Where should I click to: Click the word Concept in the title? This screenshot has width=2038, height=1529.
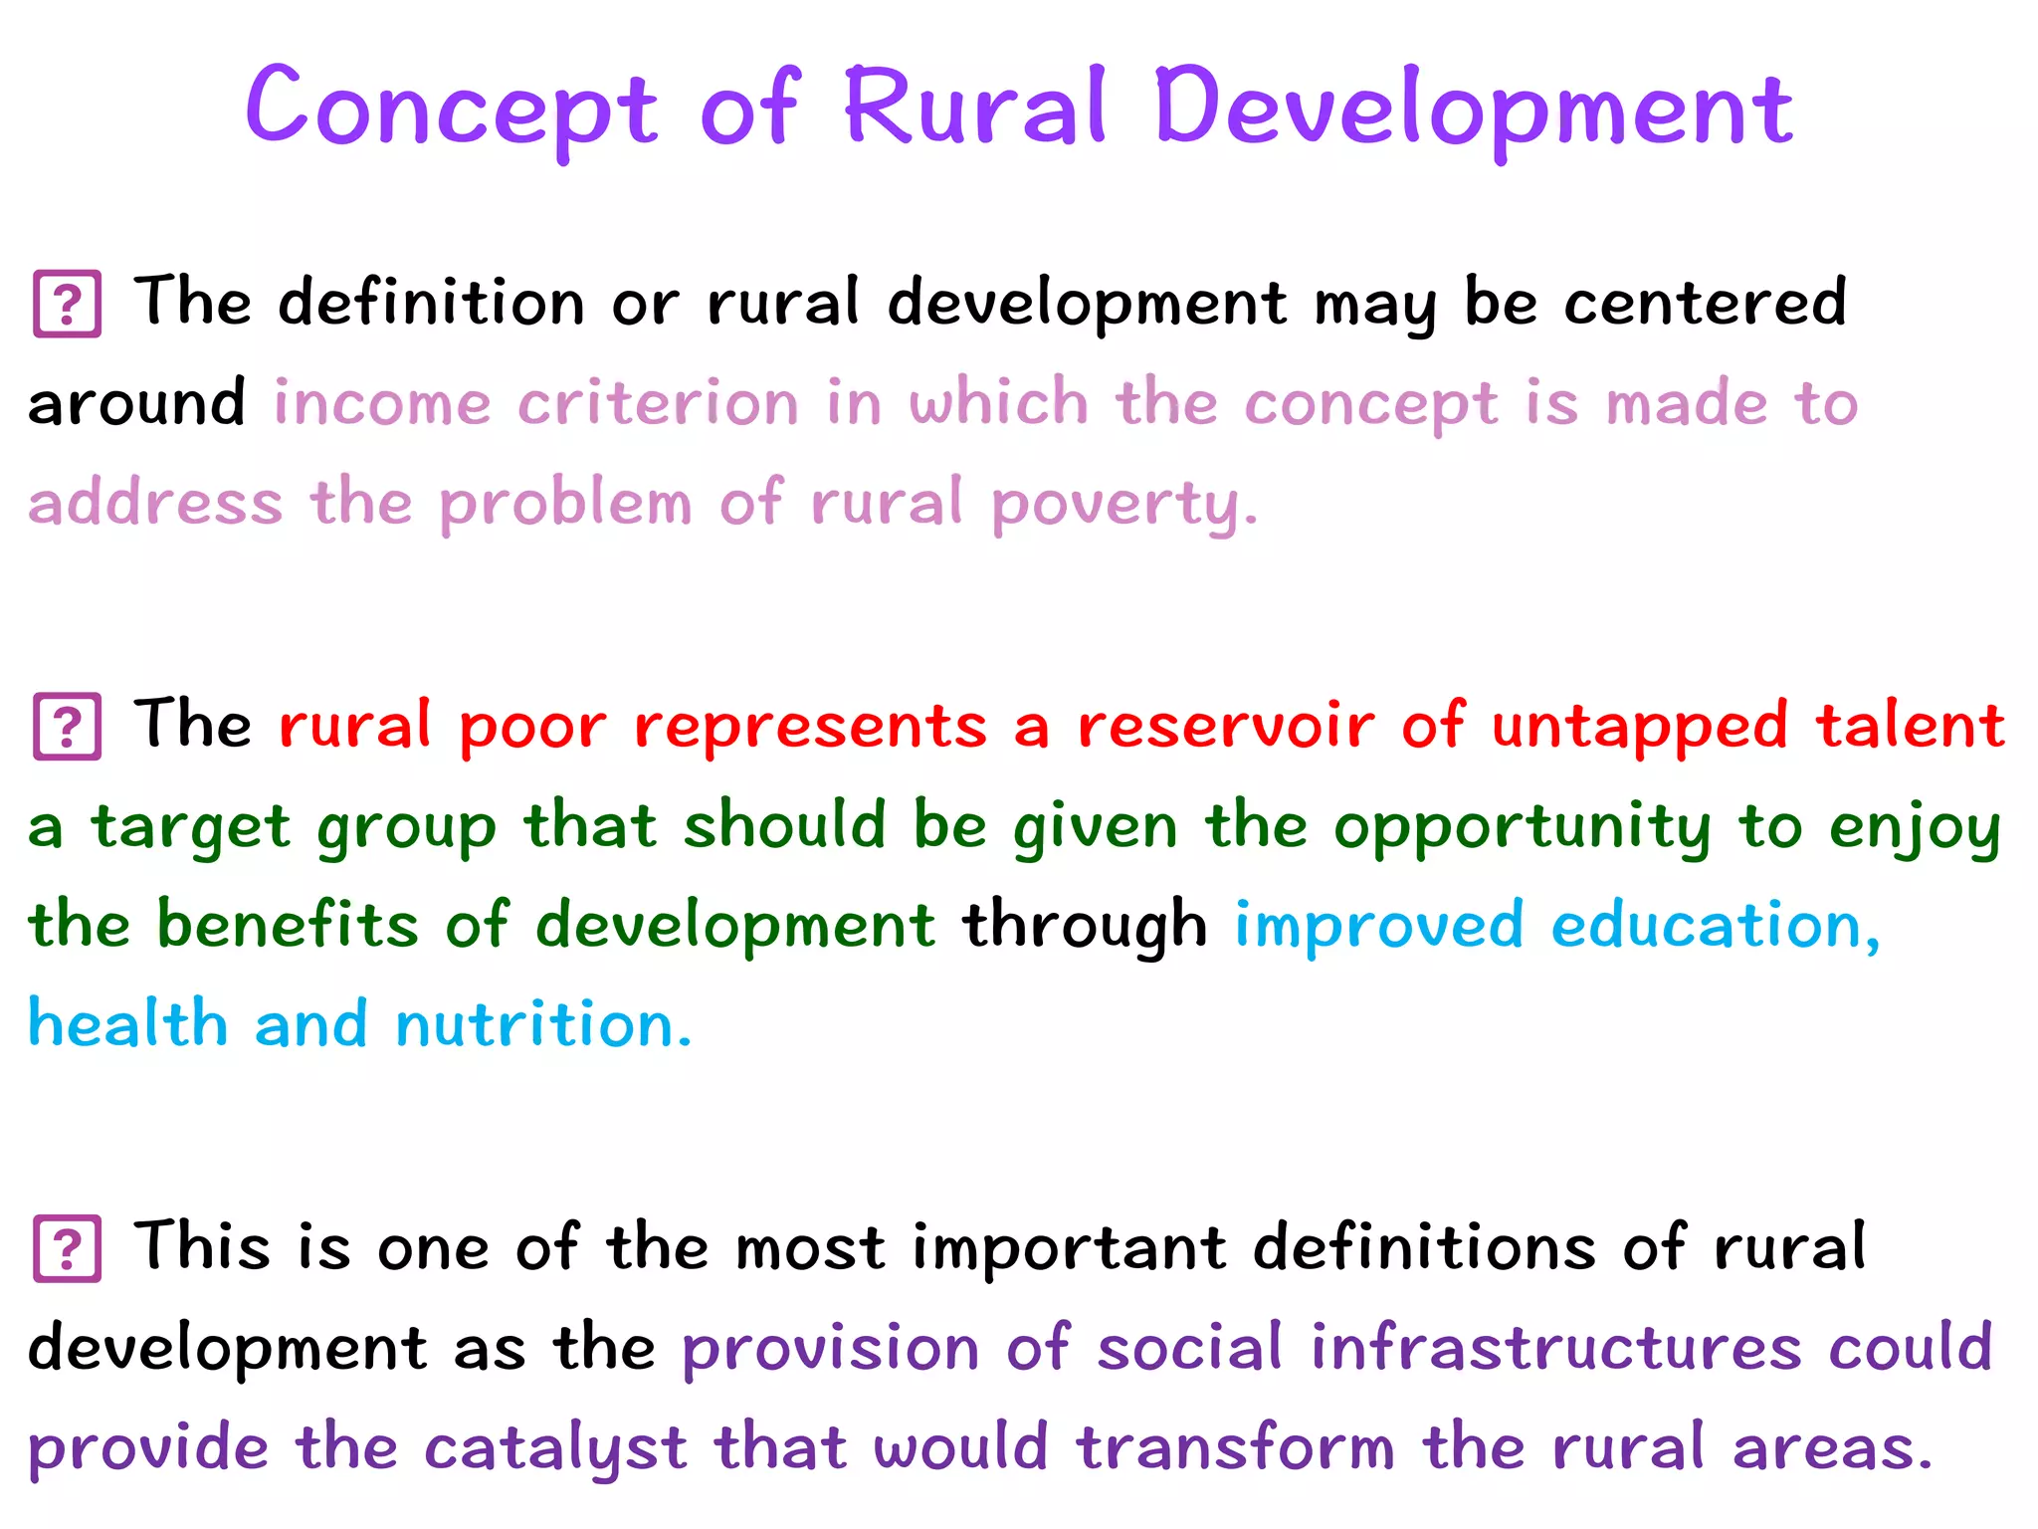click(x=451, y=108)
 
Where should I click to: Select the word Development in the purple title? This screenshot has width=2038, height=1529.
click(x=1474, y=108)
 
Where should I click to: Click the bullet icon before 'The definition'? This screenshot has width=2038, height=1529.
click(x=68, y=304)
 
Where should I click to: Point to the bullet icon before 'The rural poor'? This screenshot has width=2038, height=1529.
click(x=68, y=727)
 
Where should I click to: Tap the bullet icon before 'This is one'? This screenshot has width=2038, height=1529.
click(x=68, y=1248)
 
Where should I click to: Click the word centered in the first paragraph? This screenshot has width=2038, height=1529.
click(x=1705, y=302)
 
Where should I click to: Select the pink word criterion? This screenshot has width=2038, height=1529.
click(x=658, y=403)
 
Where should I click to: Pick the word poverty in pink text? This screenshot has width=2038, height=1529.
click(x=1124, y=504)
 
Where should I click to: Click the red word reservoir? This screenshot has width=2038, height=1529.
click(x=1226, y=725)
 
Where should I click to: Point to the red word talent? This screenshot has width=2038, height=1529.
click(x=1910, y=725)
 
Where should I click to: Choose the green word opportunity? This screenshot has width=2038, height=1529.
click(x=1523, y=827)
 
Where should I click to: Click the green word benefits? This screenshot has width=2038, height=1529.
click(x=288, y=924)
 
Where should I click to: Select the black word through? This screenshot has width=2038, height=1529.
click(x=1085, y=926)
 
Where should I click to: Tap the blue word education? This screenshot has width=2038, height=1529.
click(x=1716, y=926)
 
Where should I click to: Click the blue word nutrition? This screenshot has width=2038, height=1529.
click(x=543, y=1024)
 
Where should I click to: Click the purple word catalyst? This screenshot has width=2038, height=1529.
click(x=555, y=1448)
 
